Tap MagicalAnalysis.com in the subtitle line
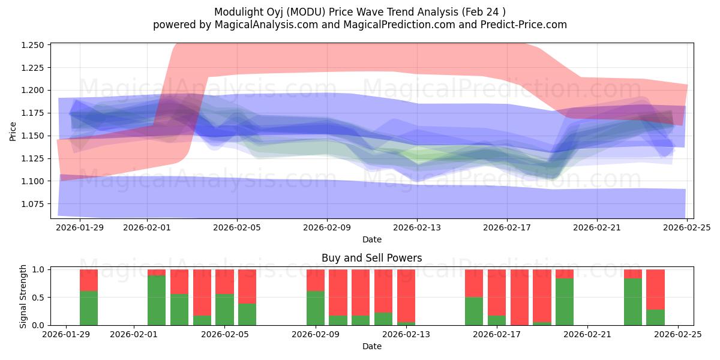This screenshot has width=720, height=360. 262,25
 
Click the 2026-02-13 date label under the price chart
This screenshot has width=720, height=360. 417,228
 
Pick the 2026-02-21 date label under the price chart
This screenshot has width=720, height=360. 597,228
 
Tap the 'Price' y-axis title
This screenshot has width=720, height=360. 13,131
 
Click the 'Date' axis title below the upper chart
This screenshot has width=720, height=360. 372,239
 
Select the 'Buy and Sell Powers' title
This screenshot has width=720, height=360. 371,258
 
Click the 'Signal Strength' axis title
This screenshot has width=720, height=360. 23,297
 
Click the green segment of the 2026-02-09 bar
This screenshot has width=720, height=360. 316,308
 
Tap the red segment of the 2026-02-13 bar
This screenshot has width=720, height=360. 406,295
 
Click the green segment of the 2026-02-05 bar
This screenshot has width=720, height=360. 224,310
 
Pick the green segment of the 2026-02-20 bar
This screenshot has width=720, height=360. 565,302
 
